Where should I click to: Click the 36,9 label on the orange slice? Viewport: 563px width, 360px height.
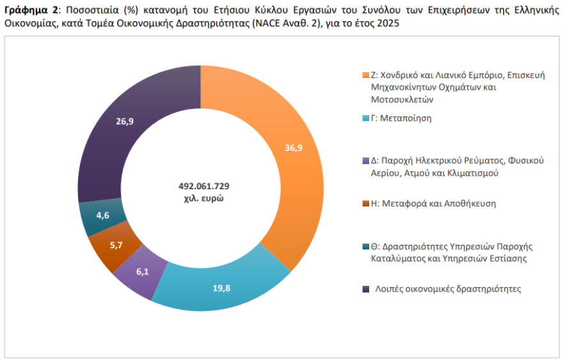tap(292, 148)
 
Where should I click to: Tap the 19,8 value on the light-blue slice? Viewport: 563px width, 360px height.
tap(221, 288)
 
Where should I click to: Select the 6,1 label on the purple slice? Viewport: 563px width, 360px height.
tap(143, 272)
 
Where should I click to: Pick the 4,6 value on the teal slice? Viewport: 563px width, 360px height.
tap(102, 215)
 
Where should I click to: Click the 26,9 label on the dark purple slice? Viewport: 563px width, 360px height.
tap(125, 121)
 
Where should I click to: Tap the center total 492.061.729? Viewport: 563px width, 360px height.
tap(203, 186)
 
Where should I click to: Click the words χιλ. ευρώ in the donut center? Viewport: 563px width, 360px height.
tap(203, 198)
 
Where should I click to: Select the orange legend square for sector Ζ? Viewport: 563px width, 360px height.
tap(365, 75)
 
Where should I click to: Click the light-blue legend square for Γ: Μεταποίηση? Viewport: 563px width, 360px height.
tap(365, 118)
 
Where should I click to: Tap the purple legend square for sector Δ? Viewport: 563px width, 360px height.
tap(365, 161)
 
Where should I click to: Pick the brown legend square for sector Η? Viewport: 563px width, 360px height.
tap(365, 204)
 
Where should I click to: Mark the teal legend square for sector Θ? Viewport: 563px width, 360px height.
tap(365, 247)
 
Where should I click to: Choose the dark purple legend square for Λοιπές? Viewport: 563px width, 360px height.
tap(365, 289)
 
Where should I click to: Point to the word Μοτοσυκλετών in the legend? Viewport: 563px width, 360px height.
tap(403, 99)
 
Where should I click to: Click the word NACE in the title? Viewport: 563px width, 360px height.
tap(264, 22)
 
